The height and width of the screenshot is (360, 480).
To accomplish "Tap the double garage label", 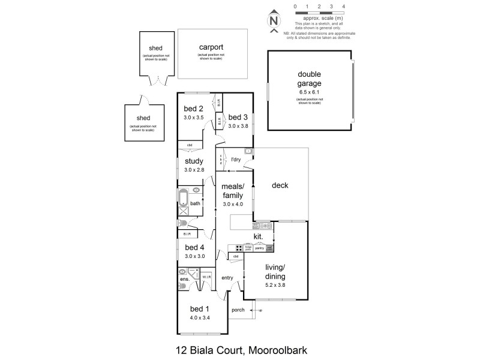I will [x=310, y=79].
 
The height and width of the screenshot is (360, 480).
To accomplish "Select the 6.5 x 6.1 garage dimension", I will [x=310, y=93].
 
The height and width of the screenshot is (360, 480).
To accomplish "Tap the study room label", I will [x=194, y=161].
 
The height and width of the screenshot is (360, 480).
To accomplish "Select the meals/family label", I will [x=232, y=191].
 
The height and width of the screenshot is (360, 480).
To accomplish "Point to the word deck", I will [x=280, y=185].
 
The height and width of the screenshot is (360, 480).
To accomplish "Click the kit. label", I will [x=259, y=237].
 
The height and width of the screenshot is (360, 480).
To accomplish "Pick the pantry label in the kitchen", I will [x=259, y=248].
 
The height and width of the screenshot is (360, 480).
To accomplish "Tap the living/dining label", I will [x=276, y=271].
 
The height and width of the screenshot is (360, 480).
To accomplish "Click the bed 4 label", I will [x=194, y=247].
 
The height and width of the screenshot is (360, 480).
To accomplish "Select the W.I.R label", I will [x=205, y=277].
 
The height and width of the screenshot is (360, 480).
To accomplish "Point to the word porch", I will [x=238, y=310].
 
